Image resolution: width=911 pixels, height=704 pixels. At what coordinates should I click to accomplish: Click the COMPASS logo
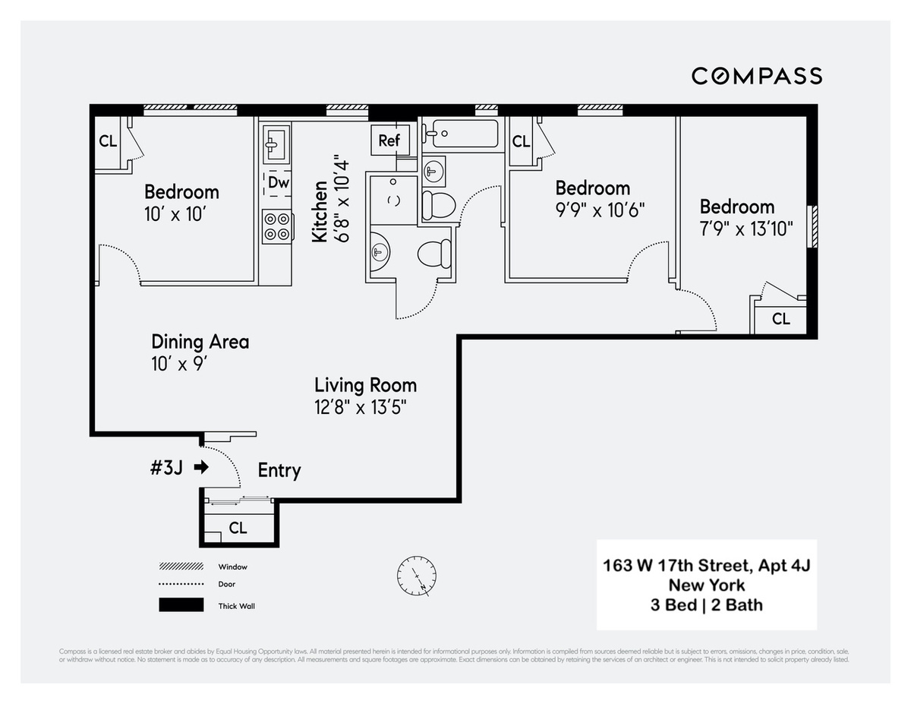(x=756, y=76)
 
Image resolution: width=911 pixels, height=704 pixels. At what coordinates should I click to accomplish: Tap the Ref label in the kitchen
(x=389, y=140)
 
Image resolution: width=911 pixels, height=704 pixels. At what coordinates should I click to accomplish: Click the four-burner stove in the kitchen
(x=277, y=226)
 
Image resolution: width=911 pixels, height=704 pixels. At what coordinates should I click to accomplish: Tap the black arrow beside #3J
(x=201, y=468)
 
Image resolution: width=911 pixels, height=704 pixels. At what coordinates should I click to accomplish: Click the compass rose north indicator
(x=417, y=575)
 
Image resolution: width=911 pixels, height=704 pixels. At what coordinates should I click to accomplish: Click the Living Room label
(x=365, y=385)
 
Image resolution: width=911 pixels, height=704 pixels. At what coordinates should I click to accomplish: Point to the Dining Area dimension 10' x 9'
(x=180, y=364)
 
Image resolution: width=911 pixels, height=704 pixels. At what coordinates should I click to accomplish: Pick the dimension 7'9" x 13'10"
(x=747, y=229)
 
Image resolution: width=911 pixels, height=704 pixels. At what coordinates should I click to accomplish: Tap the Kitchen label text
(x=320, y=211)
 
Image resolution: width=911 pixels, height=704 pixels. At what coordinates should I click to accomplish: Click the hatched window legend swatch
(x=181, y=567)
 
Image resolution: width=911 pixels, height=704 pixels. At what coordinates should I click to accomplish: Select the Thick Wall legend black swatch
(x=181, y=605)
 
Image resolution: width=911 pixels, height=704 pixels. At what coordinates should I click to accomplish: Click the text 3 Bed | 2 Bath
(x=706, y=605)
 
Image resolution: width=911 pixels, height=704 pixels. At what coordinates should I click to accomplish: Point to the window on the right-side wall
(x=812, y=226)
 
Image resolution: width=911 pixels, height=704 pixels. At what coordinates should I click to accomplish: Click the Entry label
(x=279, y=470)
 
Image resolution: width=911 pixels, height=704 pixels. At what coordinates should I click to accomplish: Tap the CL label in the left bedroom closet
(x=108, y=140)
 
